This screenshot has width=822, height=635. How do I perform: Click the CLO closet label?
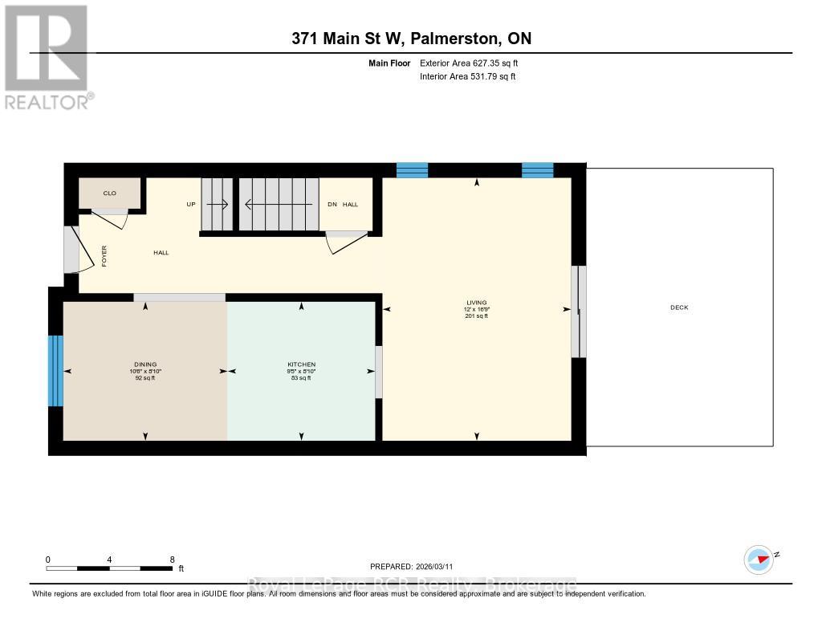point(109,193)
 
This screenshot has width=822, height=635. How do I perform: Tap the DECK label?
point(679,307)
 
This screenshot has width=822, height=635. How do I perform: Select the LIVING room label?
point(477,303)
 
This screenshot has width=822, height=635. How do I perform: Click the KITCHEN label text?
point(301,364)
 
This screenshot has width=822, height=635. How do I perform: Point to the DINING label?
point(145,364)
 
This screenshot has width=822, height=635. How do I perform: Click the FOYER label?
point(104,255)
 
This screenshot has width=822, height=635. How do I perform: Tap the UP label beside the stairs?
point(191,205)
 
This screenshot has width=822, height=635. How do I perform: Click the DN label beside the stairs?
point(332,205)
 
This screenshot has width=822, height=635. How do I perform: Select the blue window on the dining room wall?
point(55,370)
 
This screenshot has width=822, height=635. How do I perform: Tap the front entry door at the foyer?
point(71,249)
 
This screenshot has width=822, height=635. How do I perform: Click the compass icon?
point(759,559)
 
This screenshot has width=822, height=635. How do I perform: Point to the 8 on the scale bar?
point(172,560)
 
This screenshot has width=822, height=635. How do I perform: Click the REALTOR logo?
point(47,56)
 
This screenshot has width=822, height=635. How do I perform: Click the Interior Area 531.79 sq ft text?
point(467,77)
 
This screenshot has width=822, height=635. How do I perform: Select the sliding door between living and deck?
point(578,311)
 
